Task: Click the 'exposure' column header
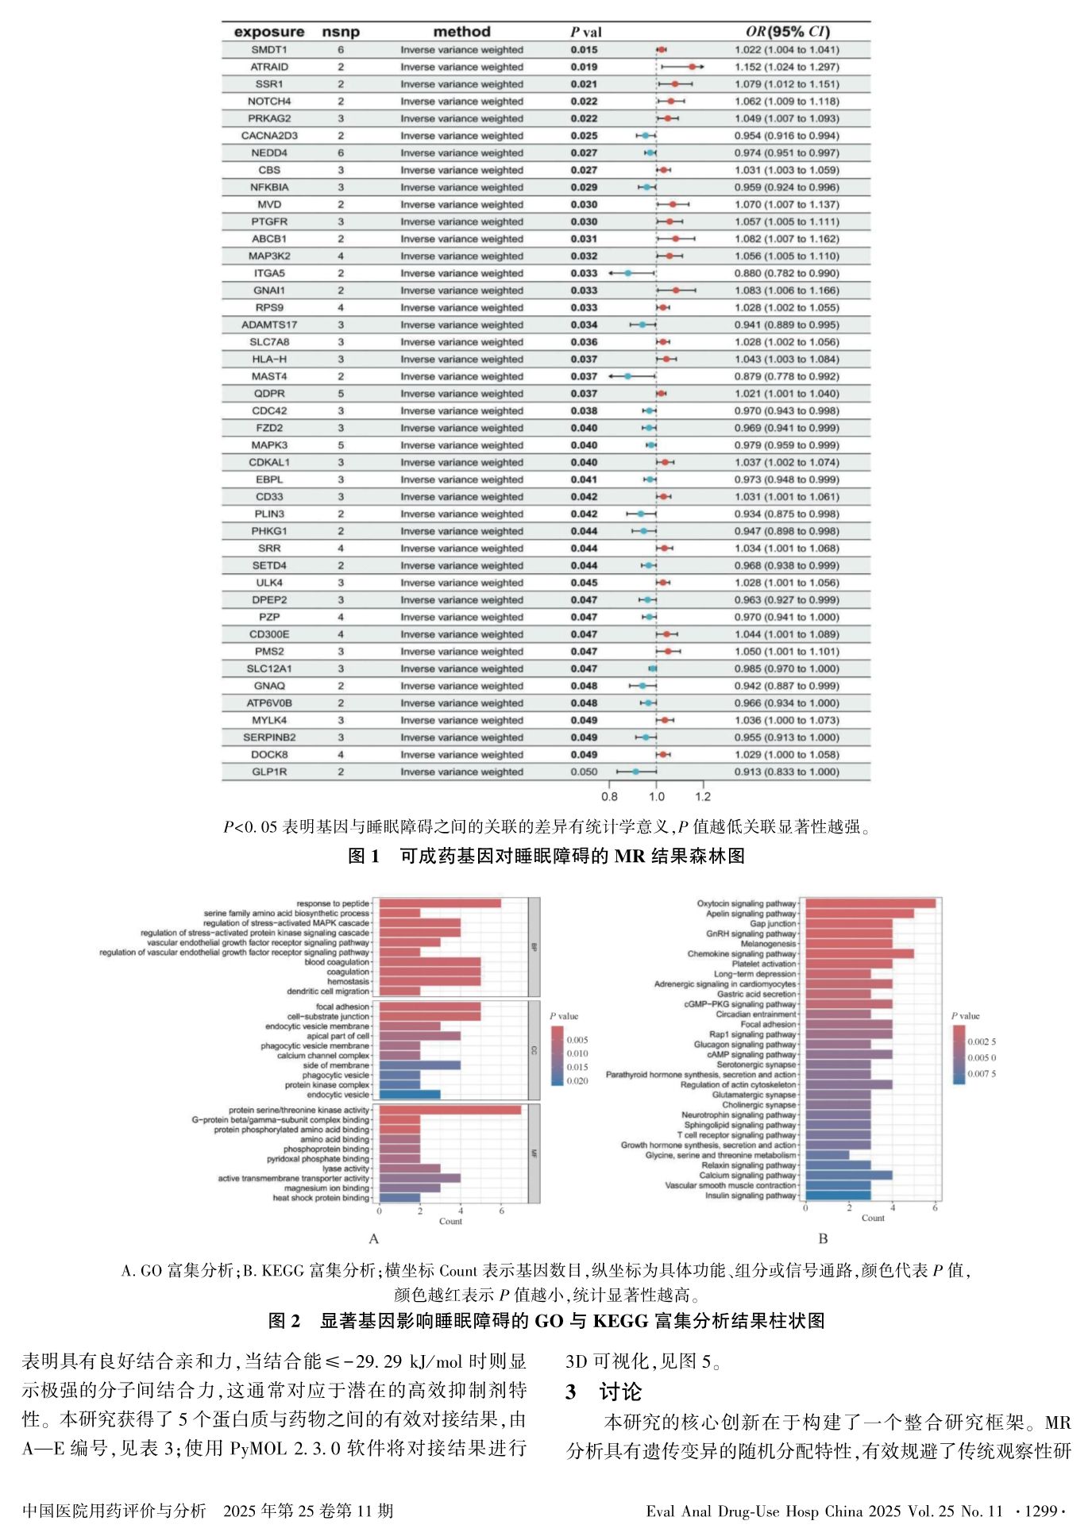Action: click(x=269, y=32)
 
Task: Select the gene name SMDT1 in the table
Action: click(x=269, y=49)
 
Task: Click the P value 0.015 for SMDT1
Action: click(x=584, y=49)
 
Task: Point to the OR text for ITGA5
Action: click(x=786, y=273)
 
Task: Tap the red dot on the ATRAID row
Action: click(x=692, y=67)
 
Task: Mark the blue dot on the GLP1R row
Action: click(x=635, y=772)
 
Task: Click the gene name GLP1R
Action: click(x=269, y=772)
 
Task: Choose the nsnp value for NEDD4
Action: click(x=341, y=152)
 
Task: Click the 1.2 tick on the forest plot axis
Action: click(x=703, y=796)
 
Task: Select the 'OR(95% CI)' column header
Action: click(x=787, y=32)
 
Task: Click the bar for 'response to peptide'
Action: click(x=439, y=903)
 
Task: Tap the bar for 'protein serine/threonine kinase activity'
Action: click(x=450, y=1110)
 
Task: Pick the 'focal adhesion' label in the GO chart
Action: click(x=342, y=1007)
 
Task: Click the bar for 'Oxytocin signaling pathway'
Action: click(x=870, y=903)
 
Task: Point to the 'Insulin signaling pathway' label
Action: click(x=751, y=1195)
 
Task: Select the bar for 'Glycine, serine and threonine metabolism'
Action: click(x=827, y=1155)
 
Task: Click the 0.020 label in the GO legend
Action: click(x=577, y=1081)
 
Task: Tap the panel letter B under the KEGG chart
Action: click(x=823, y=1238)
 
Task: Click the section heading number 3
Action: click(x=571, y=1391)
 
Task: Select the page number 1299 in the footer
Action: click(x=1040, y=1511)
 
